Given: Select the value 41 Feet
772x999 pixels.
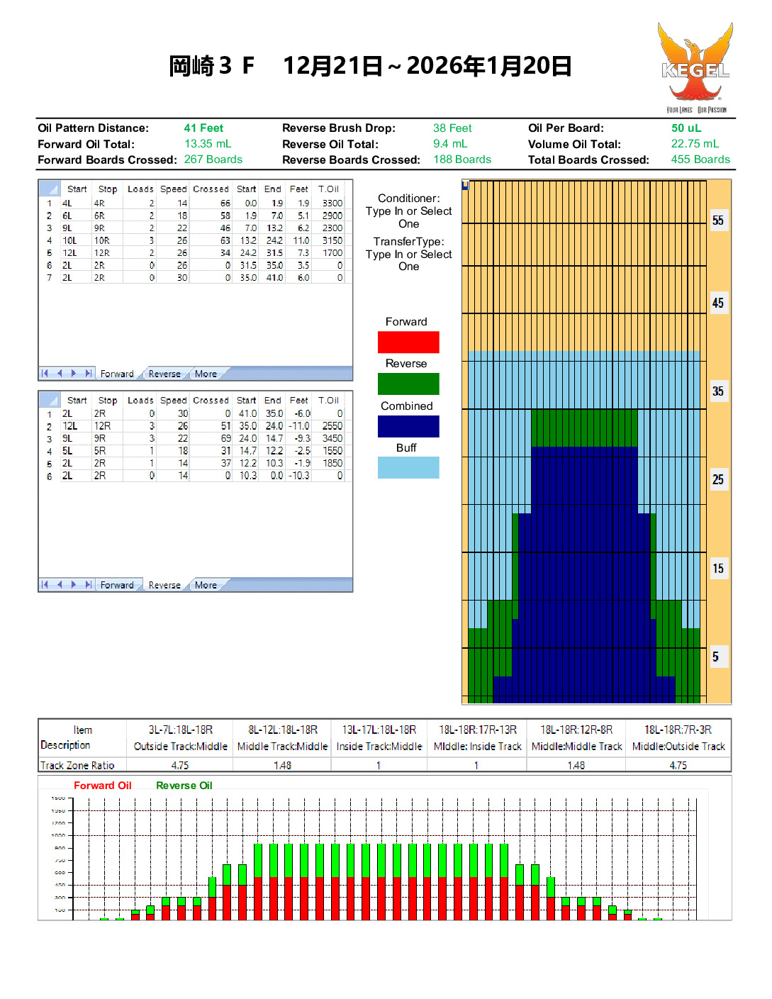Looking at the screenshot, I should [x=203, y=128].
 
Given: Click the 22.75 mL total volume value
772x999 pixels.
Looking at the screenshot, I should [x=694, y=144].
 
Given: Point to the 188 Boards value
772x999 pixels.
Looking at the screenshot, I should [x=462, y=160].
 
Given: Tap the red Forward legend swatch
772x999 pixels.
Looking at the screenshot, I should [x=408, y=342].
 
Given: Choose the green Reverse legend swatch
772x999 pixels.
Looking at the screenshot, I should [x=408, y=384].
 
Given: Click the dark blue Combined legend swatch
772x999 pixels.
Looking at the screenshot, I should [x=408, y=426].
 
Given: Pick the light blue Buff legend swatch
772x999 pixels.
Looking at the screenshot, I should [x=408, y=468].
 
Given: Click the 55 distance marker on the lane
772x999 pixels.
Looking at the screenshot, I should [x=718, y=221].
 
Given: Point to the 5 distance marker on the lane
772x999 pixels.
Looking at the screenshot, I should [x=716, y=657].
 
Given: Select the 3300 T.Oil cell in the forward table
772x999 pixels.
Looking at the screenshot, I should [x=332, y=203].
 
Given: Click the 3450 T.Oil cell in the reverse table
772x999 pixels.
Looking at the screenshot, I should [x=332, y=439].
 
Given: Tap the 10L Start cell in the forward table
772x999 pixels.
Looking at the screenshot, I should [x=69, y=241].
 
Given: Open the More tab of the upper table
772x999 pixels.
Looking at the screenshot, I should [x=206, y=374].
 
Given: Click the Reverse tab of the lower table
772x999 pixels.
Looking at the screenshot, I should [x=164, y=586].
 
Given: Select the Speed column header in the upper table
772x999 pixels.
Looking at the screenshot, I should [x=173, y=189].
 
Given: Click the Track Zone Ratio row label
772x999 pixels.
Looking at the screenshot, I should [x=77, y=766].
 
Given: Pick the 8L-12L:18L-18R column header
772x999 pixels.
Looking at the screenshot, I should [x=283, y=730].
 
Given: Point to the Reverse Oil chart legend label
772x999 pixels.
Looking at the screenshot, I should [x=184, y=786].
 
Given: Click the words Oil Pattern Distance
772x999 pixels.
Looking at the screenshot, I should [x=93, y=128].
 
